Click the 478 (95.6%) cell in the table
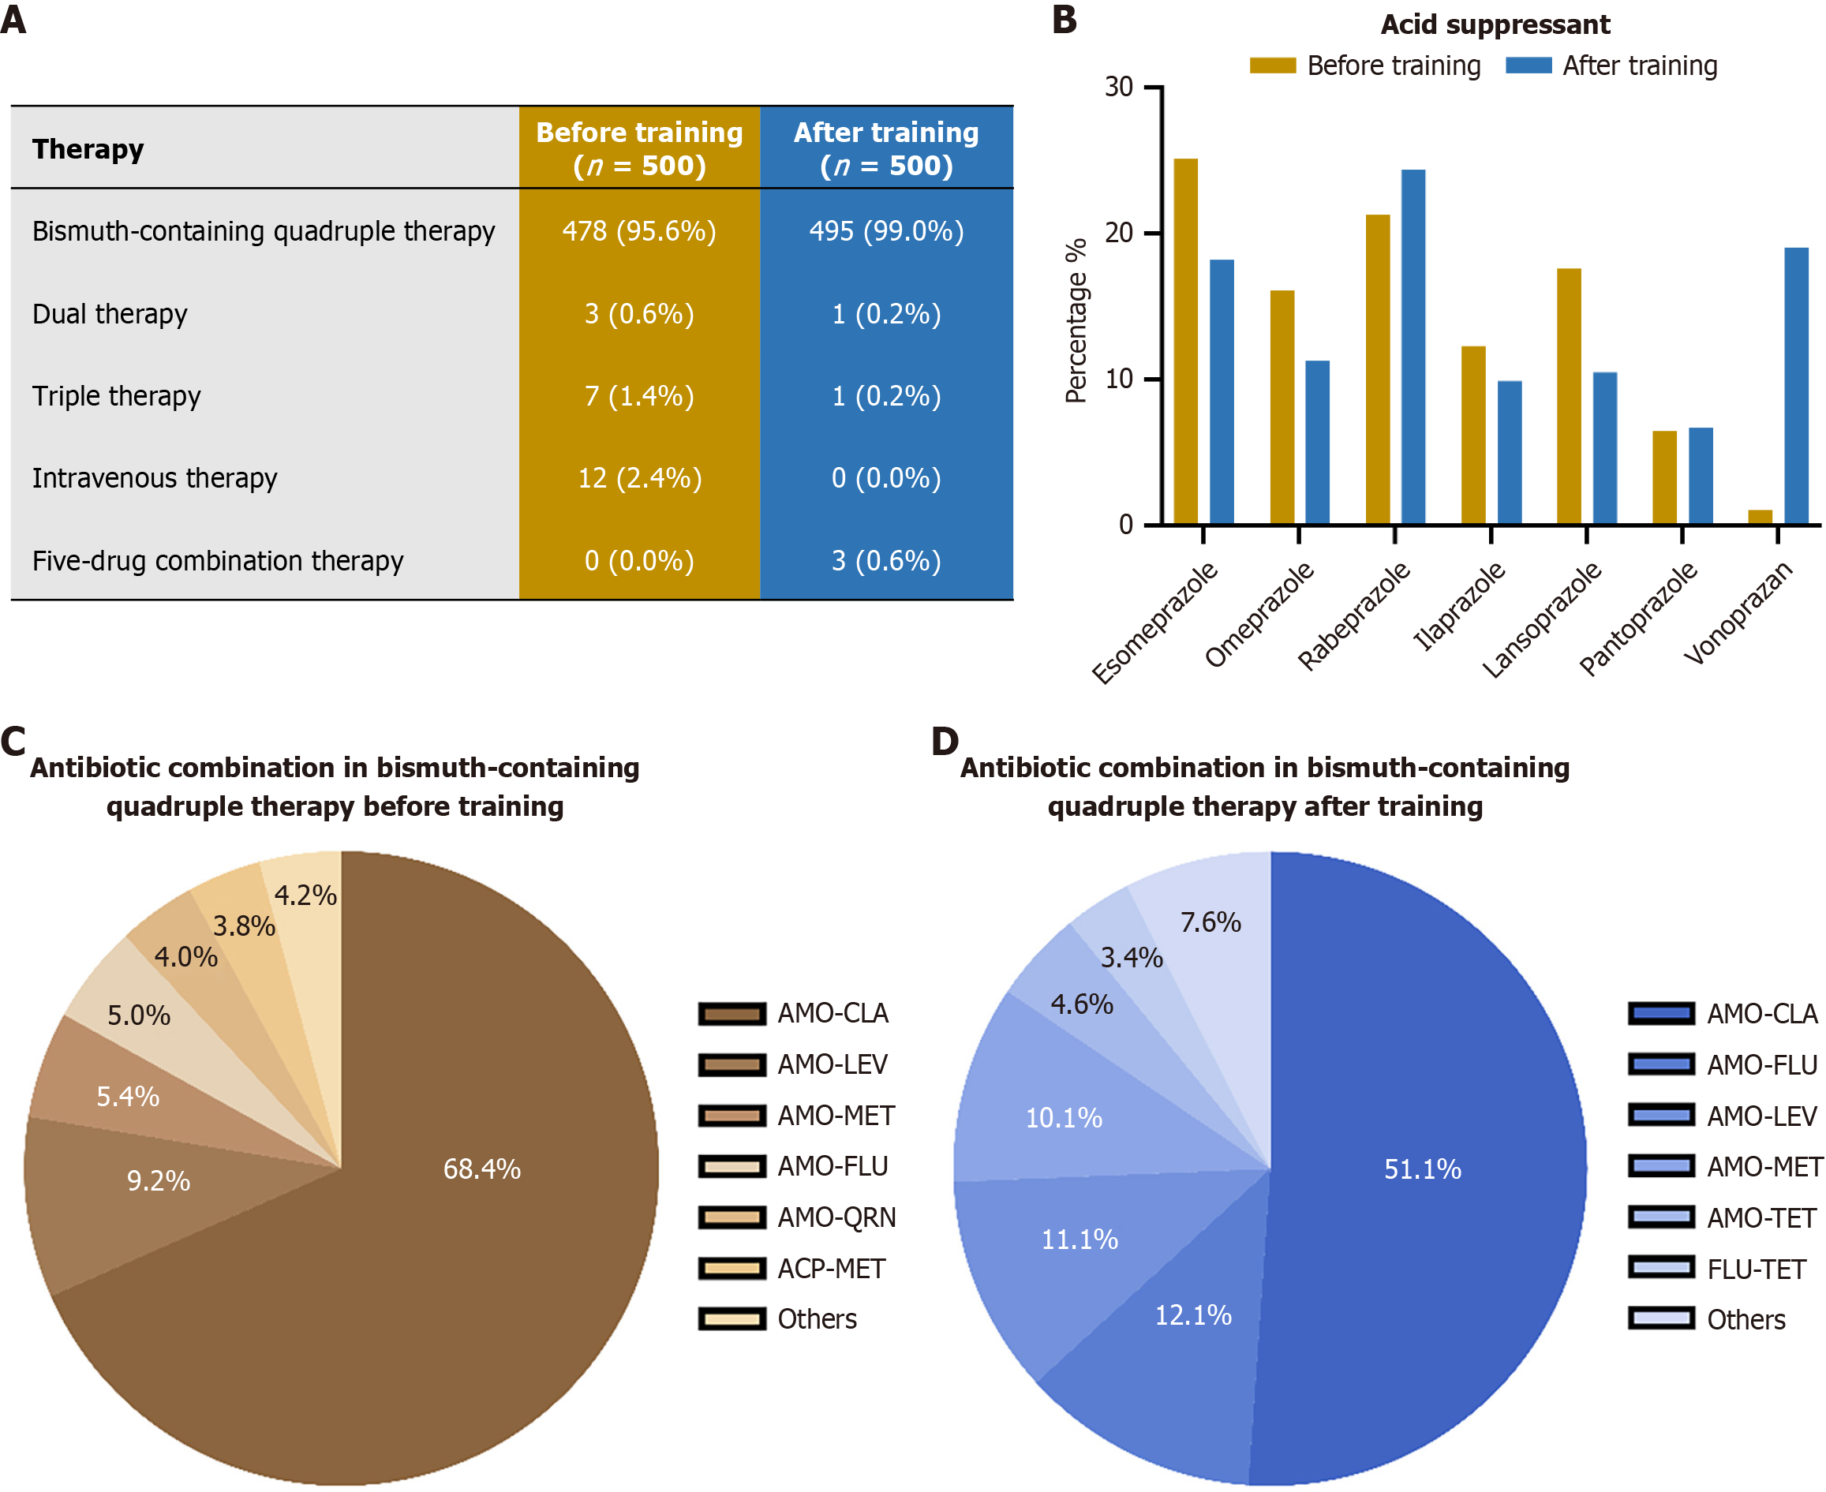(638, 231)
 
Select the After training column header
(885, 148)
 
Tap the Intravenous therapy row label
(155, 478)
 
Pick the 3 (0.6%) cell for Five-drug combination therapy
(885, 560)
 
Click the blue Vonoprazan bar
(1796, 387)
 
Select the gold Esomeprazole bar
(1185, 342)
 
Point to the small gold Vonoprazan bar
(1760, 517)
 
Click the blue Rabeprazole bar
(1413, 347)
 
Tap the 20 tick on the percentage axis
(1118, 233)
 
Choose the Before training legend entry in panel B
(1365, 66)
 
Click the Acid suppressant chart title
(1495, 24)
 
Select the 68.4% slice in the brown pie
(481, 1169)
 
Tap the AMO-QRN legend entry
(797, 1217)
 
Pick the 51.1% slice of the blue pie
(1422, 1169)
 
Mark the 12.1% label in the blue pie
(1193, 1315)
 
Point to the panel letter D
(945, 741)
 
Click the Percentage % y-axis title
(1076, 320)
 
